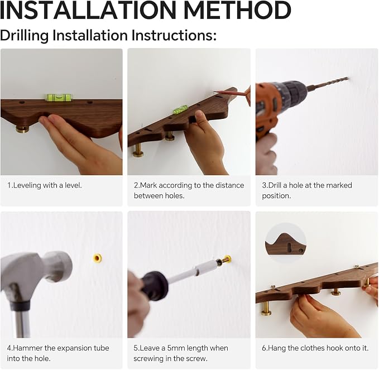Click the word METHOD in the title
[237, 10]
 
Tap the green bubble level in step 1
[58, 97]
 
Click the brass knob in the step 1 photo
[22, 128]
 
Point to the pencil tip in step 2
[215, 92]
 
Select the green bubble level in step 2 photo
[180, 109]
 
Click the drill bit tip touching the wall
[347, 78]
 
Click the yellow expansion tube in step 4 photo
[98, 258]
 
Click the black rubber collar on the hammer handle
[20, 306]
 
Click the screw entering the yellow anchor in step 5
[225, 260]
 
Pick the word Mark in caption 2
[148, 185]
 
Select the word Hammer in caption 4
[27, 348]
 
